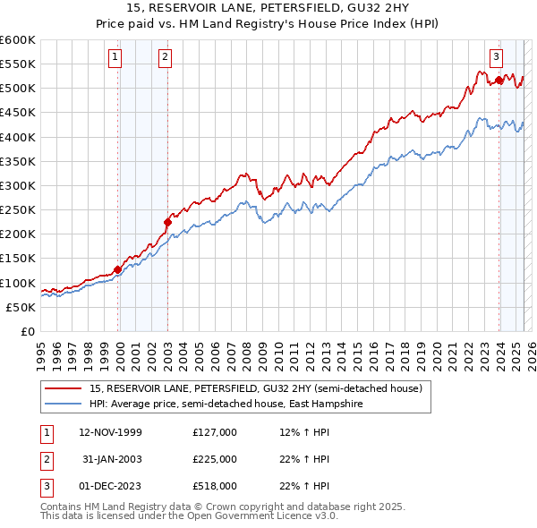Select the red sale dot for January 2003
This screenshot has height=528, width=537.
[x=167, y=223]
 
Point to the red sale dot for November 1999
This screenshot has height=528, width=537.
[x=117, y=269]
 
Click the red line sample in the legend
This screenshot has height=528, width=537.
[x=63, y=388]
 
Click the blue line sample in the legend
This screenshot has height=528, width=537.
[x=63, y=404]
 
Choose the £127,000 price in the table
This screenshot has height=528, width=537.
[x=215, y=432]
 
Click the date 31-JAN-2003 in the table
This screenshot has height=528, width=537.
[x=112, y=459]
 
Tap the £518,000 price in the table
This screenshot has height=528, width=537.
[x=215, y=486]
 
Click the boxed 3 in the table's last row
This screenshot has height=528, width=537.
[x=45, y=486]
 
